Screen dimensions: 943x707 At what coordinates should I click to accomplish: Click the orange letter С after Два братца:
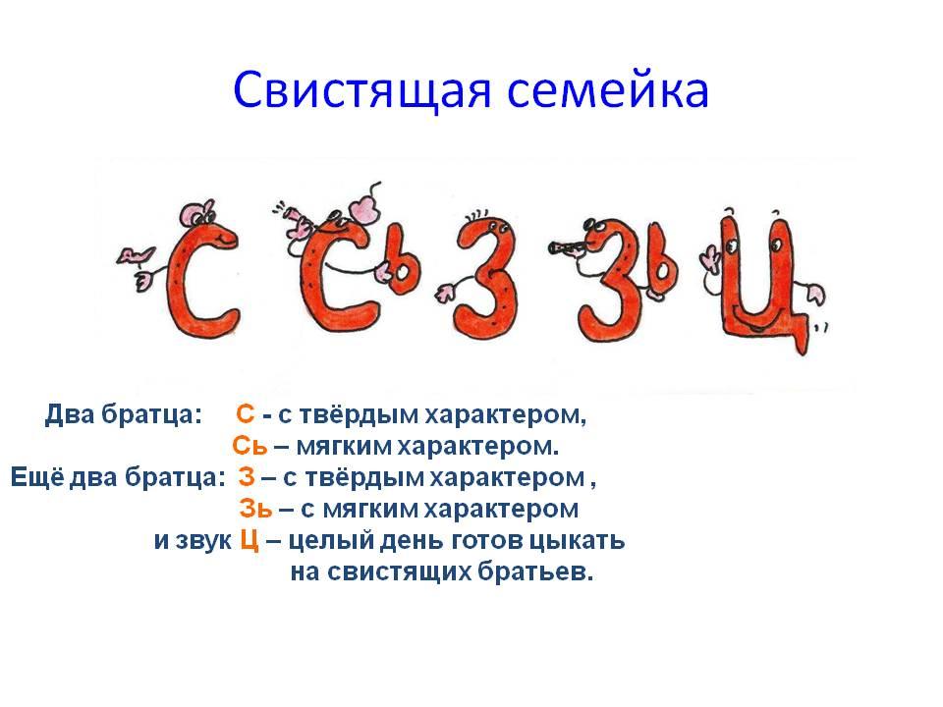(246, 414)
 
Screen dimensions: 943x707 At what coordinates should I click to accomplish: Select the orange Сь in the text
(249, 446)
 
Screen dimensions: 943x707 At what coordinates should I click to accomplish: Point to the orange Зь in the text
(255, 509)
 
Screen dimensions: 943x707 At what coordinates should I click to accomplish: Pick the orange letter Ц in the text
(250, 540)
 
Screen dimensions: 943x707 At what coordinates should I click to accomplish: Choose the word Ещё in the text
(36, 477)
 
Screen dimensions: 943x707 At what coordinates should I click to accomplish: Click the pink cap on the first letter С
(195, 213)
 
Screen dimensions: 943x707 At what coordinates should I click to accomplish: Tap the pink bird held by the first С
(135, 255)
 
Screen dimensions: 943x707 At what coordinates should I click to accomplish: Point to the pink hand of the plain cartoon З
(446, 293)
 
